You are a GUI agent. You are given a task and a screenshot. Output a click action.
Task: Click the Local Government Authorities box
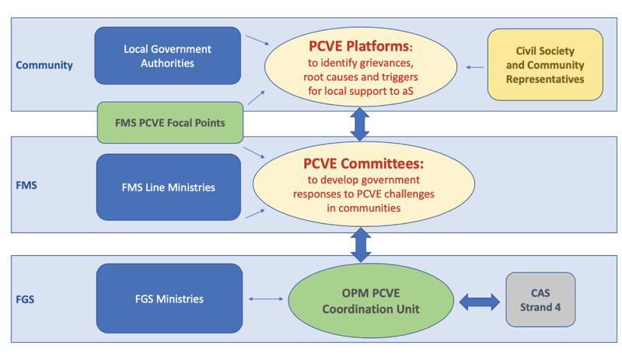(x=167, y=55)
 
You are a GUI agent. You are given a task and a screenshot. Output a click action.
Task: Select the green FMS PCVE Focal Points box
(x=170, y=123)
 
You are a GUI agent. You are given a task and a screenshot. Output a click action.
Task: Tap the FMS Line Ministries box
(x=169, y=187)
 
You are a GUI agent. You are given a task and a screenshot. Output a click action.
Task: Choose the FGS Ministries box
(x=169, y=299)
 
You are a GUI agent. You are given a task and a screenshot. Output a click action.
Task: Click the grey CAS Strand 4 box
(x=540, y=299)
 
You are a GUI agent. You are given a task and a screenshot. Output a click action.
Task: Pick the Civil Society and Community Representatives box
(x=545, y=65)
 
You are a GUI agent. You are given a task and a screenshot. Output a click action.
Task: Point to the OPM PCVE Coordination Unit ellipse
(x=371, y=300)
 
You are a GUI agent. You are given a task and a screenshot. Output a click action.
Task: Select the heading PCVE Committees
(x=363, y=163)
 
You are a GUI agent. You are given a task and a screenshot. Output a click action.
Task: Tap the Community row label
(x=44, y=65)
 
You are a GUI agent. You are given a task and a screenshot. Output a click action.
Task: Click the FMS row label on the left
(x=26, y=185)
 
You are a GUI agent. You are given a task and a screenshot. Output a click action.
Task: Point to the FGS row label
(x=25, y=299)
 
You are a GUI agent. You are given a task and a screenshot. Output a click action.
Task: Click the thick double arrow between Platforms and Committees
(x=360, y=124)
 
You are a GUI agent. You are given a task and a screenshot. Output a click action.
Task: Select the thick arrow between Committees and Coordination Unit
(x=361, y=244)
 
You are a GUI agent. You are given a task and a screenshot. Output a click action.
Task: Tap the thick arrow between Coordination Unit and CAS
(x=480, y=302)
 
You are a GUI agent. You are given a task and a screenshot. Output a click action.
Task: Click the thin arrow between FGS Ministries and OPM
(x=266, y=299)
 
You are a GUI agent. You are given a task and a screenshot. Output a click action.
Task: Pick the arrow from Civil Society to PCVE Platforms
(x=474, y=68)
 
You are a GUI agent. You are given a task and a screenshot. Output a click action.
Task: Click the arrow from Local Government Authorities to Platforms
(x=257, y=40)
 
